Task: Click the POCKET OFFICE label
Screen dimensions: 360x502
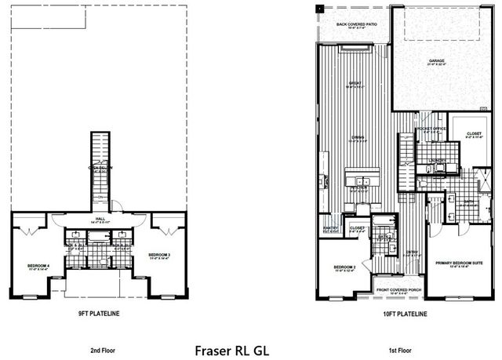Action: pos(431,129)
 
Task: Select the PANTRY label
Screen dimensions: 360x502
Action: pos(330,228)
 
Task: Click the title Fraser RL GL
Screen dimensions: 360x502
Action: pos(231,347)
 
